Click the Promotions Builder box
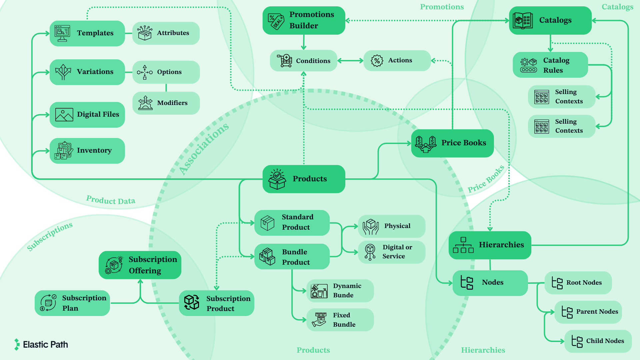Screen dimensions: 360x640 point(304,20)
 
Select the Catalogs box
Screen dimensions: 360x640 point(550,20)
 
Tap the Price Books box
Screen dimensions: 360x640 point(452,143)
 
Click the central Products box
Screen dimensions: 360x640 point(304,179)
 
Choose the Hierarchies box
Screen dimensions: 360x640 point(490,245)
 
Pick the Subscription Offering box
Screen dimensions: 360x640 point(140,265)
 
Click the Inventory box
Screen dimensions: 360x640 point(87,151)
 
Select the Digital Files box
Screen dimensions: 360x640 point(87,115)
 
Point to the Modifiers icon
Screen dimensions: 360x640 point(145,103)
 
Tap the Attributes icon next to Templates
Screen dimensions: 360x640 point(145,33)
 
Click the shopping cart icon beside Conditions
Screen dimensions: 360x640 point(285,61)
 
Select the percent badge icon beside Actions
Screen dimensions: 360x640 point(377,61)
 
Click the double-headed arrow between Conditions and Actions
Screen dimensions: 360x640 point(350,61)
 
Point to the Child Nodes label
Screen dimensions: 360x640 point(605,341)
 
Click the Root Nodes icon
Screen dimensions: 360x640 point(557,283)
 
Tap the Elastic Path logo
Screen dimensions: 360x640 point(41,344)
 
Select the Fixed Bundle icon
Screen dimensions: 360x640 point(319,319)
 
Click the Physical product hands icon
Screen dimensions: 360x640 point(371,226)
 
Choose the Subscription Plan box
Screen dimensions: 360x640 point(72,303)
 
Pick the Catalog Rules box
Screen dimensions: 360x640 point(550,65)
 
